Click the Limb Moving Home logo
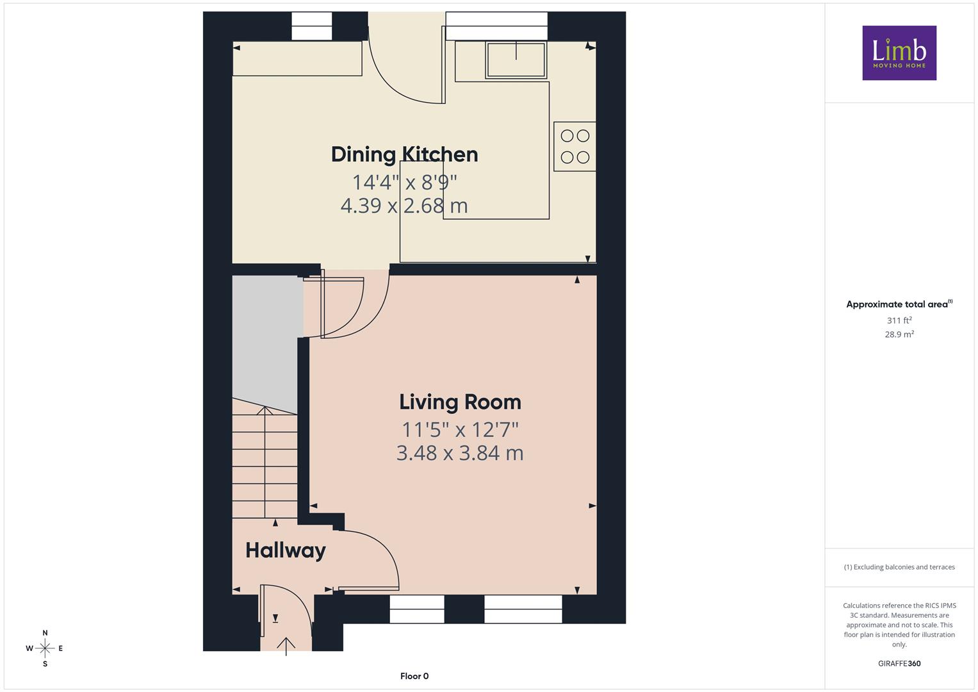point(899,53)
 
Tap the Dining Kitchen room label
point(404,154)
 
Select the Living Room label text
point(460,402)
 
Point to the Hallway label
point(286,550)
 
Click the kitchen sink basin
point(516,60)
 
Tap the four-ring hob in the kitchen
point(575,146)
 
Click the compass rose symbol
point(45,648)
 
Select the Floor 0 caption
point(414,676)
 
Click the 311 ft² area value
point(899,320)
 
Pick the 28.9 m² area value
point(899,334)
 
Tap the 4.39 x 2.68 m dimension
point(404,206)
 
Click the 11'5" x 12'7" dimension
point(460,430)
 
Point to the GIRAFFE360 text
point(899,664)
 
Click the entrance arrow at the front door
point(286,647)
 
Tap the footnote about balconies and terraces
point(899,567)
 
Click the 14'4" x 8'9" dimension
point(404,182)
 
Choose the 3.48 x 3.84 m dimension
point(460,453)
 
